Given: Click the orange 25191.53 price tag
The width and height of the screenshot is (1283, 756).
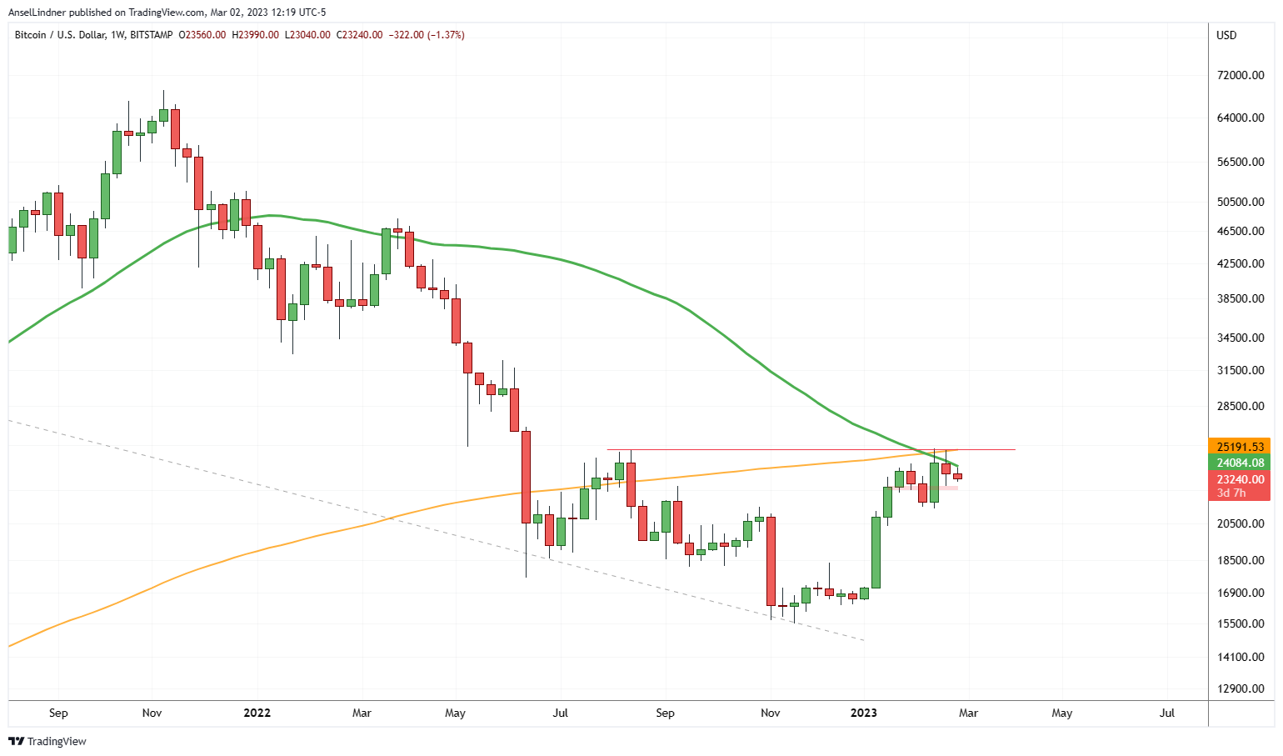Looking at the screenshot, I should coord(1241,447).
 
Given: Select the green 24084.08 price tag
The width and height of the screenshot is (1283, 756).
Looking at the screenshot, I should coord(1241,463).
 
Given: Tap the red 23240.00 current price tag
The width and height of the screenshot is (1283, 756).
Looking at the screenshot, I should coord(1241,479).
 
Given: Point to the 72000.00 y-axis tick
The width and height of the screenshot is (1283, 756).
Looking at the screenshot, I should coord(1241,75).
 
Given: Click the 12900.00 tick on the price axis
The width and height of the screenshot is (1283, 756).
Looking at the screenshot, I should coord(1241,688).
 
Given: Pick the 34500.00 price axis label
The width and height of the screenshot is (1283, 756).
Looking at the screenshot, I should coord(1241,338).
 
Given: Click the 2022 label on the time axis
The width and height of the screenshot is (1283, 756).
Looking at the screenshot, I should coord(257,713).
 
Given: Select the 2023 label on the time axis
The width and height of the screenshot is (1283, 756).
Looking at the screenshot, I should coord(863,713).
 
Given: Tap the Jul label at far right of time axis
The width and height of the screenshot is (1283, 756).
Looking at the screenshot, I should coord(1167,713).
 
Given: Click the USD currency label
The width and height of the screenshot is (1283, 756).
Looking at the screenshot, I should coord(1226,35).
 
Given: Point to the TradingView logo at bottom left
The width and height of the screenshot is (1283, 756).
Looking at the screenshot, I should coord(47,741).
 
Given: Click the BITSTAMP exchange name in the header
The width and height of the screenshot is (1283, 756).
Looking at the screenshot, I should coord(152,35).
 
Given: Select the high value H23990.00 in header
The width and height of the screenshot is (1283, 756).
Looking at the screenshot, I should coord(255,35).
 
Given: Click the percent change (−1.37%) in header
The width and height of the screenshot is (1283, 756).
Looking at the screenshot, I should coord(446,35).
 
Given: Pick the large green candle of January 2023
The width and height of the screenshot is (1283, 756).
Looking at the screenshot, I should coord(876,552).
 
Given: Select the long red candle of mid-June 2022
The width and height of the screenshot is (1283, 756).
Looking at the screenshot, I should coord(526,477).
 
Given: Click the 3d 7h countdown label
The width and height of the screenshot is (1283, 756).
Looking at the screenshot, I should coord(1231,493).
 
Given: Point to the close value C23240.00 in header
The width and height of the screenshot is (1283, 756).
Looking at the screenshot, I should coord(358,35).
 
